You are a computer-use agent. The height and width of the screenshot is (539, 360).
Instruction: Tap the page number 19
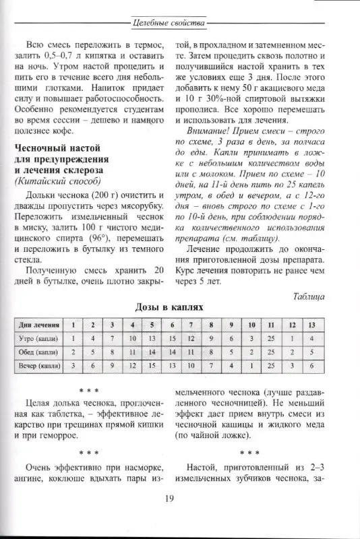coord(169,499)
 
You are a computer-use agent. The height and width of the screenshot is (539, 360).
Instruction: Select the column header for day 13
coord(311,324)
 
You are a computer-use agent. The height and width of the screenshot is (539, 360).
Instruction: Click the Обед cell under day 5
coord(152,351)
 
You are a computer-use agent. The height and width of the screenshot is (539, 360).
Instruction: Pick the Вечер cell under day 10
coord(251,365)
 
